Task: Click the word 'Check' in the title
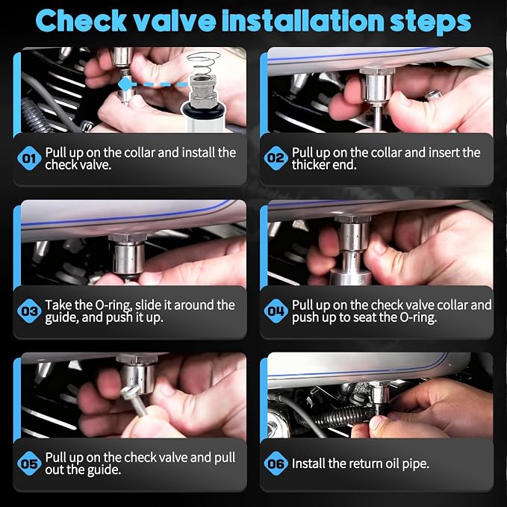coord(81,21)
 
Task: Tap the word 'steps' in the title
coord(430,22)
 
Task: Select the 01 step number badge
coord(29,158)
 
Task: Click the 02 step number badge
coord(276,158)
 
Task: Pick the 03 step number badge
coord(29,311)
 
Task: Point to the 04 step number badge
coord(276,311)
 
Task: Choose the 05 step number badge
coord(29,464)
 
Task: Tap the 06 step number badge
coord(276,464)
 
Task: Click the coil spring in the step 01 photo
coord(204,63)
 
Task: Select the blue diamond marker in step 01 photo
coord(125,84)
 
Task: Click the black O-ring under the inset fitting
coord(203,111)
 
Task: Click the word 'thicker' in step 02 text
coord(311,165)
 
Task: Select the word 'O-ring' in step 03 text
coord(113,305)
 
